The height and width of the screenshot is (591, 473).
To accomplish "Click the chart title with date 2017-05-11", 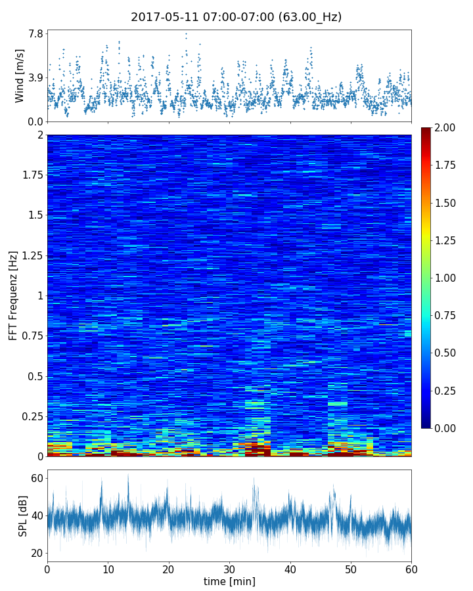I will [236, 17].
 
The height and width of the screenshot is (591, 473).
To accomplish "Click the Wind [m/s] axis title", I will [20, 75].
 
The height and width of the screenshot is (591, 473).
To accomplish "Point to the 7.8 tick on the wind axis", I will [35, 33].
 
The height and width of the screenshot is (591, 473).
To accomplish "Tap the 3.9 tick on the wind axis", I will [35, 77].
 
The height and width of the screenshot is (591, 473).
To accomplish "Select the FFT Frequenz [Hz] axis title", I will [13, 295].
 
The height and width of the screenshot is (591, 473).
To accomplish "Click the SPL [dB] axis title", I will [23, 515].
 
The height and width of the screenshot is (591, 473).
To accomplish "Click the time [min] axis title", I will [229, 581].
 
